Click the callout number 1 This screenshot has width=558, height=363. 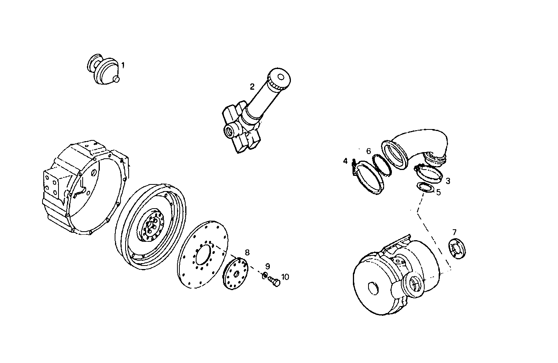(x=123, y=66)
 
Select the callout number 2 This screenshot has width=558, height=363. (x=252, y=86)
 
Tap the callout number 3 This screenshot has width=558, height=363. (x=448, y=181)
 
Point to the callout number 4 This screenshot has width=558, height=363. (x=345, y=161)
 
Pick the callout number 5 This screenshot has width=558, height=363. (x=438, y=192)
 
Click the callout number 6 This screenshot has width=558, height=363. (x=368, y=151)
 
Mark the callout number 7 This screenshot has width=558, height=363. (x=454, y=232)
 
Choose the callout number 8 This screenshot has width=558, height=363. (x=247, y=252)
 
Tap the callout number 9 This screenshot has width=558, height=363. (x=267, y=266)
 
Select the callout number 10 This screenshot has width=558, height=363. (x=285, y=277)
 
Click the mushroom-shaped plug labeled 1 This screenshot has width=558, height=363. (x=104, y=70)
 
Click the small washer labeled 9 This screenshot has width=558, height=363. (x=265, y=276)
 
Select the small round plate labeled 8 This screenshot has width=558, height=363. (x=237, y=273)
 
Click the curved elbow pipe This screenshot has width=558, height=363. (x=419, y=144)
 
